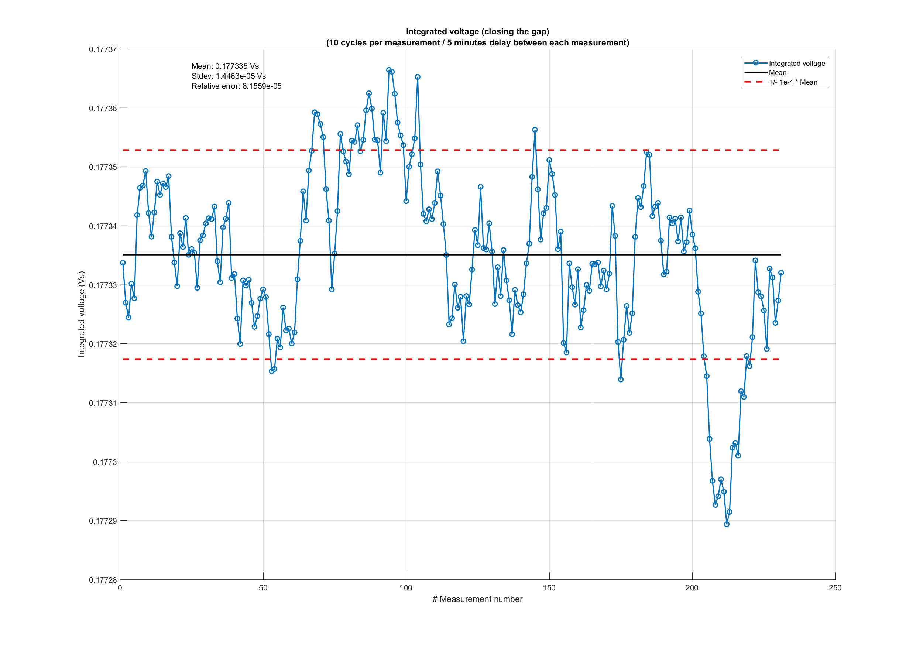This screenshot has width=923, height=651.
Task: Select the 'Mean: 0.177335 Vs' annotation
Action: (225, 66)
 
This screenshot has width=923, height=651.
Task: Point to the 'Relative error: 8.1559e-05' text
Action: (236, 86)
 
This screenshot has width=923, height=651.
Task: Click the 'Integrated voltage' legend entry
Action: (796, 63)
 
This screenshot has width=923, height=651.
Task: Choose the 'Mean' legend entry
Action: (777, 73)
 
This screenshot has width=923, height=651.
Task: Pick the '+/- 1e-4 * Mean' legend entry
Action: (793, 82)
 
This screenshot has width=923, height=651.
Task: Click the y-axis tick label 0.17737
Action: (103, 49)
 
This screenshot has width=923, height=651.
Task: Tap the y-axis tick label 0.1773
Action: (104, 462)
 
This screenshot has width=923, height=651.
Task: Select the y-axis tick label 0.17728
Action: (103, 580)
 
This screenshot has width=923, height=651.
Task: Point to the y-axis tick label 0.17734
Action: (103, 226)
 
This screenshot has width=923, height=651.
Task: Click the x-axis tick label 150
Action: (549, 588)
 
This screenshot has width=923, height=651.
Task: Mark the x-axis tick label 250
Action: (835, 588)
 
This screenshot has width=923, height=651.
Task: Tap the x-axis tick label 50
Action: (263, 588)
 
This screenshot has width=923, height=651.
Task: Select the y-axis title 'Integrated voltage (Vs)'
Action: (82, 314)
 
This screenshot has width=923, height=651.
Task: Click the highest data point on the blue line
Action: (389, 70)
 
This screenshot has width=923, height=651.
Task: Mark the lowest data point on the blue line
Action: (727, 524)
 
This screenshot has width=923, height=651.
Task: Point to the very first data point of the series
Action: (123, 263)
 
